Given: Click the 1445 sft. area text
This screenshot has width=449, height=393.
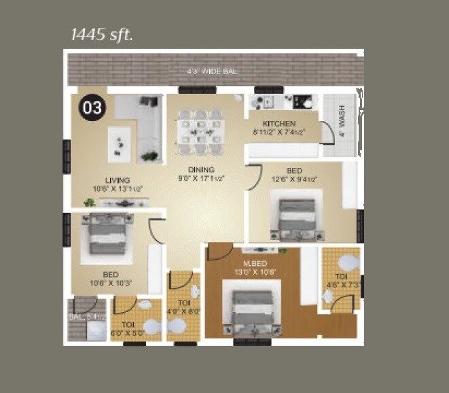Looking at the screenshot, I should point(102,34).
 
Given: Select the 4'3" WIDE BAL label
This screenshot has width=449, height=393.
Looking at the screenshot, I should point(213,71).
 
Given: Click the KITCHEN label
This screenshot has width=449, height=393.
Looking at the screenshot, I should point(279,123).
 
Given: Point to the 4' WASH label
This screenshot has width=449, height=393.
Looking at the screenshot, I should point(342,121).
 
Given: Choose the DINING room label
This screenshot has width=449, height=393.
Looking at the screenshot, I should point(202,170).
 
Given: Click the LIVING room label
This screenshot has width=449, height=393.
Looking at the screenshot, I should point(117,180).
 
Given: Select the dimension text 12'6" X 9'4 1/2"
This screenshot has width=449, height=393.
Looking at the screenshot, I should point(294,180).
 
